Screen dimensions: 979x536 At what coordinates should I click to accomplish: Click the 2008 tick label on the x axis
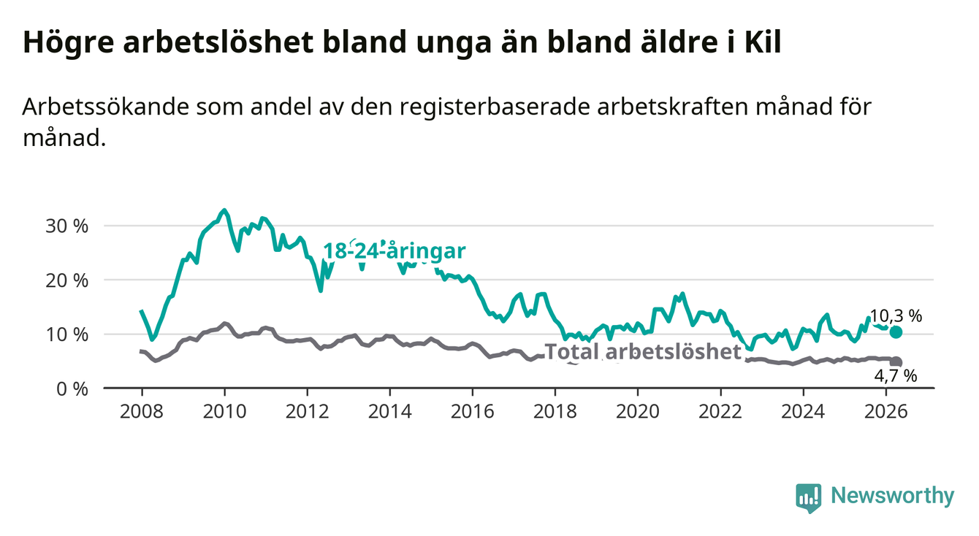point(142,412)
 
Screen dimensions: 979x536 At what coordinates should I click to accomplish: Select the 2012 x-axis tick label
point(308,412)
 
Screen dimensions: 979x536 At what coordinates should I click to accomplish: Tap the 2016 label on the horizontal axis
point(473,412)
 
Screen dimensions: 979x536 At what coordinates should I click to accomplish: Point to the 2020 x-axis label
point(638,412)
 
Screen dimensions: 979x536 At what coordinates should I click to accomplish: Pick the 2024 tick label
point(803,412)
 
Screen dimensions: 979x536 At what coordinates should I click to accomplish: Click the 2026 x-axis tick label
point(886,412)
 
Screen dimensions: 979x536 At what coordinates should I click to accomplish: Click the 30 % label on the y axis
point(67,226)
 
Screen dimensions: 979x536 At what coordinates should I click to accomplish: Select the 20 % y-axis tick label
point(67,280)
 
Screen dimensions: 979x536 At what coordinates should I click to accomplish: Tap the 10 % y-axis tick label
point(67,335)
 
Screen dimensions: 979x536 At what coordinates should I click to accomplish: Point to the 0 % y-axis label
point(72,388)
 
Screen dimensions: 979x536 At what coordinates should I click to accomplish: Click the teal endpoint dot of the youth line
point(896,332)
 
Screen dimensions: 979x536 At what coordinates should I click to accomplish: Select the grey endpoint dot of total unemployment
point(896,361)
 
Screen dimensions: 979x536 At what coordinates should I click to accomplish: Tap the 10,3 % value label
point(896,316)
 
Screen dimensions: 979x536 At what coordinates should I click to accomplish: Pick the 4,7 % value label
point(896,375)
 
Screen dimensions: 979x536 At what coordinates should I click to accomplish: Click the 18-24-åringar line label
point(395,251)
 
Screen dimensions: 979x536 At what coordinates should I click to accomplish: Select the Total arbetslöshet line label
point(643,352)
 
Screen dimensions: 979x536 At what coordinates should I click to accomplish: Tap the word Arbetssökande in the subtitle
point(106,107)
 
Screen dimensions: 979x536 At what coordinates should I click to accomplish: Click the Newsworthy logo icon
point(809,497)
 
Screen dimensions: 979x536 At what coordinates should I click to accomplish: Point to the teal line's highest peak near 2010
point(224,210)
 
